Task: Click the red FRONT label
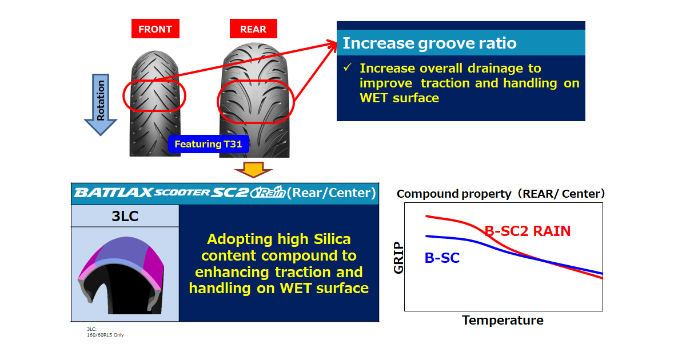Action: pos(155,29)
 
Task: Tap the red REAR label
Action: pos(253,29)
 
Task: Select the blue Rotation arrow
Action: pos(101,105)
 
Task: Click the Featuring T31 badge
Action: pos(208,144)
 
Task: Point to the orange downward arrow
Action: pos(253,170)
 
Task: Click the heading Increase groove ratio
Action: pos(429,43)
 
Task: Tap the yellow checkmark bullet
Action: pos(348,67)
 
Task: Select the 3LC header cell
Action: pos(125,216)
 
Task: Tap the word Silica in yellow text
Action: pos(332,239)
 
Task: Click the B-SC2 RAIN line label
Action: pos(527,231)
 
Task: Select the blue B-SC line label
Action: pos(442,258)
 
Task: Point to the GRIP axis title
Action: pos(398,258)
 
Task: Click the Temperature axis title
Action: pos(502,320)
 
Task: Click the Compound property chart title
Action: pos(501,194)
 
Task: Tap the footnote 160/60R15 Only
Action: pos(105,335)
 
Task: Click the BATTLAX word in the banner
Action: pos(113,193)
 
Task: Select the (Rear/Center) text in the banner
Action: pos(332,193)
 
